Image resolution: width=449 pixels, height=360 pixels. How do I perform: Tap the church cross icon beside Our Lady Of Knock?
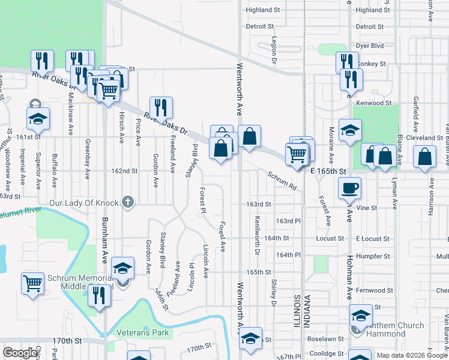[x=127, y=202]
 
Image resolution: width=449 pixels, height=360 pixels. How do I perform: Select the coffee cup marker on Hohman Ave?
[x=349, y=188]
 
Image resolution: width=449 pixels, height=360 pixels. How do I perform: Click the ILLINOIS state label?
[x=297, y=310]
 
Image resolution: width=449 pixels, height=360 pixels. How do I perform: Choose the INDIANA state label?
[x=306, y=310]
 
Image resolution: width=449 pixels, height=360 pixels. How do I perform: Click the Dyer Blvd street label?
[x=369, y=45]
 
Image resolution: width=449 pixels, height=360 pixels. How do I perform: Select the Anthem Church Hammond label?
[x=394, y=329]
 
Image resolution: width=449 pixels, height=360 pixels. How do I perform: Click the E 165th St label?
[x=329, y=172]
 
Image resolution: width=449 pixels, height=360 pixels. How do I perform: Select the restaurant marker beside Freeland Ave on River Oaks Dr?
[x=161, y=107]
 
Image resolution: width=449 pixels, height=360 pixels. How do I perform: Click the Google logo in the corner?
[x=20, y=353]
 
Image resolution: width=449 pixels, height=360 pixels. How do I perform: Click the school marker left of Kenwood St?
[x=350, y=131]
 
